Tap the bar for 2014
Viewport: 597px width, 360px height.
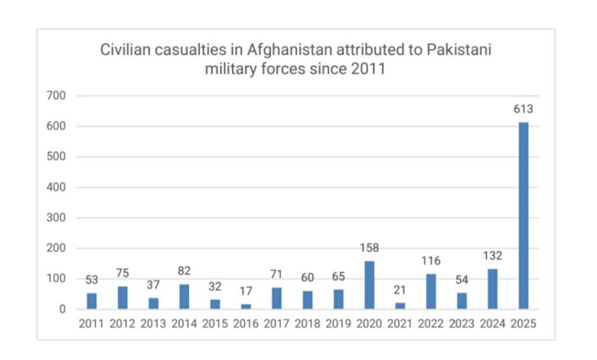point(184,296)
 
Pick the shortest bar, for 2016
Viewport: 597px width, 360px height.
point(246,306)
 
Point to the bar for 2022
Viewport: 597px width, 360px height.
point(430,292)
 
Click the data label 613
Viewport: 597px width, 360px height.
point(524,110)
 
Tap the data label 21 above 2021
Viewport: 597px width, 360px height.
point(400,290)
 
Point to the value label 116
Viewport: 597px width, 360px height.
point(430,260)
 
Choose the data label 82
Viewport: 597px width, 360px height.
point(184,271)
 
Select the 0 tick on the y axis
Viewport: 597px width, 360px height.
point(63,309)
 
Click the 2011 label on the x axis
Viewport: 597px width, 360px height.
point(91,324)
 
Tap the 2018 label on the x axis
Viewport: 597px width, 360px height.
point(307,324)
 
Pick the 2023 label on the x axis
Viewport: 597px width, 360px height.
point(462,324)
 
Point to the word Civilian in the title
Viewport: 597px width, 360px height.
point(125,50)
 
